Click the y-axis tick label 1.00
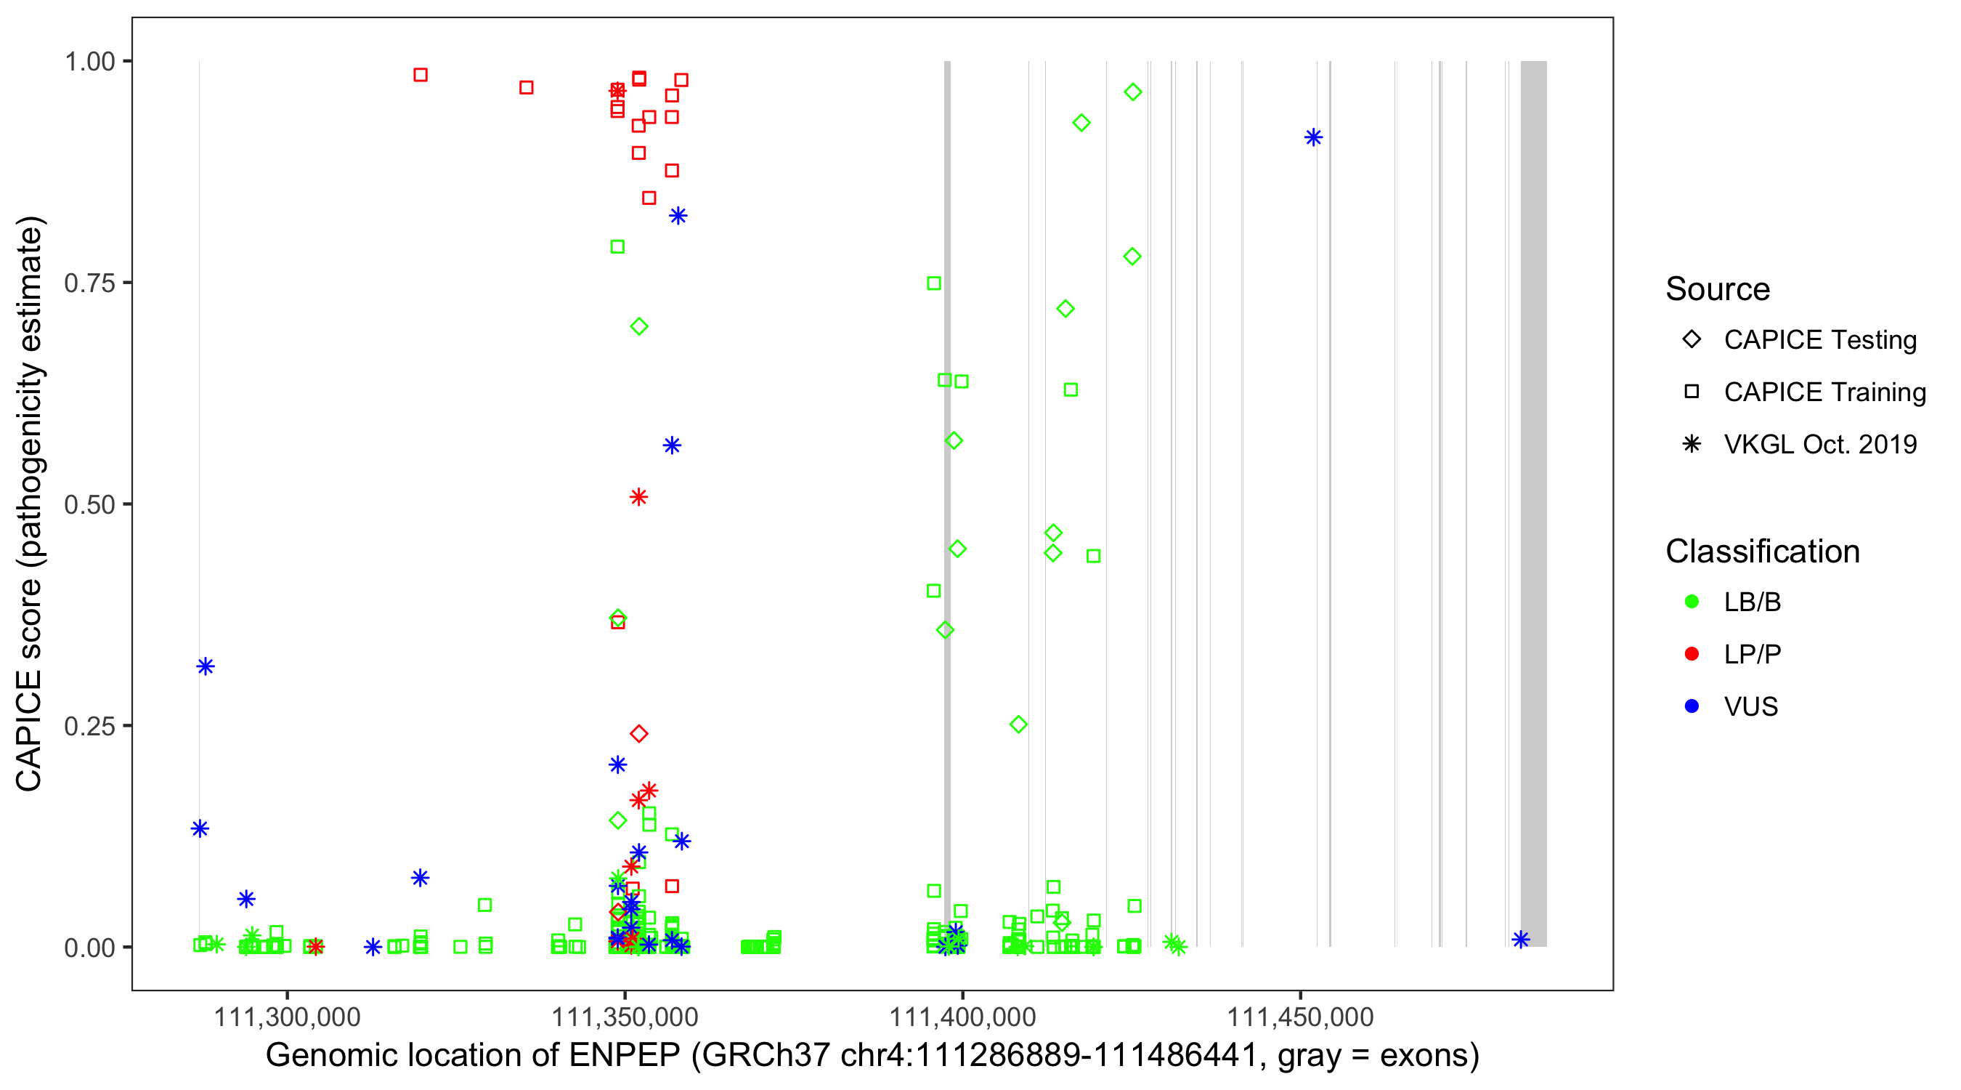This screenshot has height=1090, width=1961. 89,62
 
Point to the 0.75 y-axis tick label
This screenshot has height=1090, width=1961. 89,283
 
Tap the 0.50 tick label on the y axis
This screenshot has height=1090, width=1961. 89,504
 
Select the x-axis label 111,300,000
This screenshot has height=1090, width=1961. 287,1017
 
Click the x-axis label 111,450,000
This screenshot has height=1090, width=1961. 1300,1017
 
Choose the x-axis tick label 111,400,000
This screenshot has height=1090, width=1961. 962,1017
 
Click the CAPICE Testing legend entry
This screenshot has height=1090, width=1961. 1819,340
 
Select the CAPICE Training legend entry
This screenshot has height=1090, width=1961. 1824,392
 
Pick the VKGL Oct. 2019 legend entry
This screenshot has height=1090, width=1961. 1819,444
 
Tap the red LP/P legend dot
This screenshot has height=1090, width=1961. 1692,654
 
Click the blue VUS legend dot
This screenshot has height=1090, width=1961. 1692,706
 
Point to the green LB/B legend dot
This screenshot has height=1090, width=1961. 1692,602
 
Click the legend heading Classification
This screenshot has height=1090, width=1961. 1762,552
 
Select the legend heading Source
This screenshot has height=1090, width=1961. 1718,289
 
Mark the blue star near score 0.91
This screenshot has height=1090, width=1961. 1313,138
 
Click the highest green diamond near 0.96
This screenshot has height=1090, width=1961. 1133,92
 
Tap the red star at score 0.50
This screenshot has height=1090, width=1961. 638,497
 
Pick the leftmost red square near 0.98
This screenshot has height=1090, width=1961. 421,75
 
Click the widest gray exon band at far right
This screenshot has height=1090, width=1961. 1533,503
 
